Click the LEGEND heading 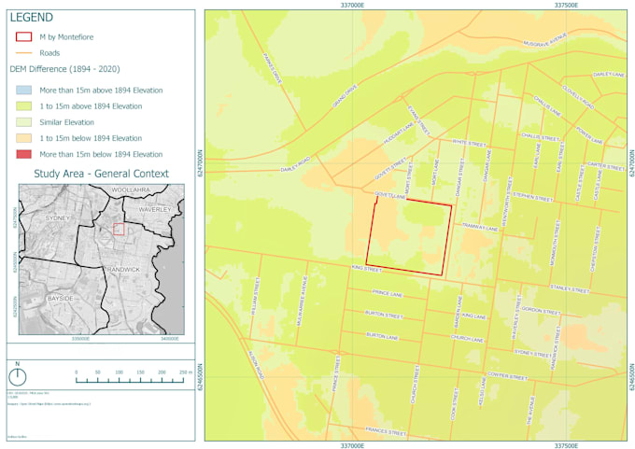31,18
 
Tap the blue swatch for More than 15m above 25,90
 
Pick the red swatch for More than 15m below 25,153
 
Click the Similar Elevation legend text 66,122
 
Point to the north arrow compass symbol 17,377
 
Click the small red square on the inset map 119,229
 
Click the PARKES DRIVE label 273,67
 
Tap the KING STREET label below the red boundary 368,269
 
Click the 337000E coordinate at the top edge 352,5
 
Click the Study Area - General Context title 101,174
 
